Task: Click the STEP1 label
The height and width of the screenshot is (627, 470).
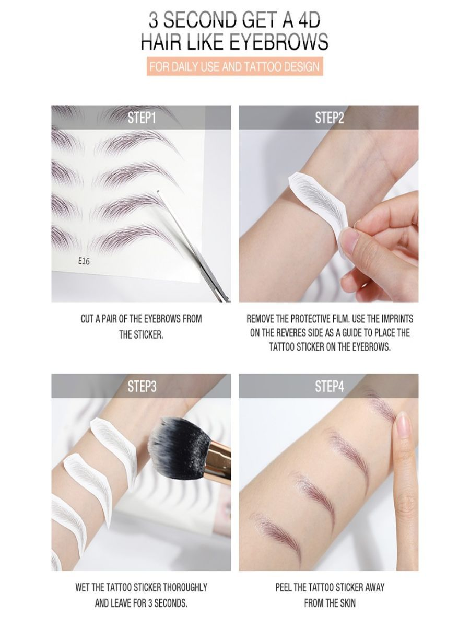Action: point(142,118)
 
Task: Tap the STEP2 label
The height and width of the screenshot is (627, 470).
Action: point(330,118)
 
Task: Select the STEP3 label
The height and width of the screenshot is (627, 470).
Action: point(142,387)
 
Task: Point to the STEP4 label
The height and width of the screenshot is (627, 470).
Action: point(330,387)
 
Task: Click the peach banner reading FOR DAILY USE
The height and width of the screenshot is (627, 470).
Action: point(234,67)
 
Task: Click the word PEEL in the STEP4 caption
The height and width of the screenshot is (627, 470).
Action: point(285,587)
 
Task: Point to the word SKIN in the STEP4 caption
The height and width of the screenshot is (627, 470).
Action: point(346,602)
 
